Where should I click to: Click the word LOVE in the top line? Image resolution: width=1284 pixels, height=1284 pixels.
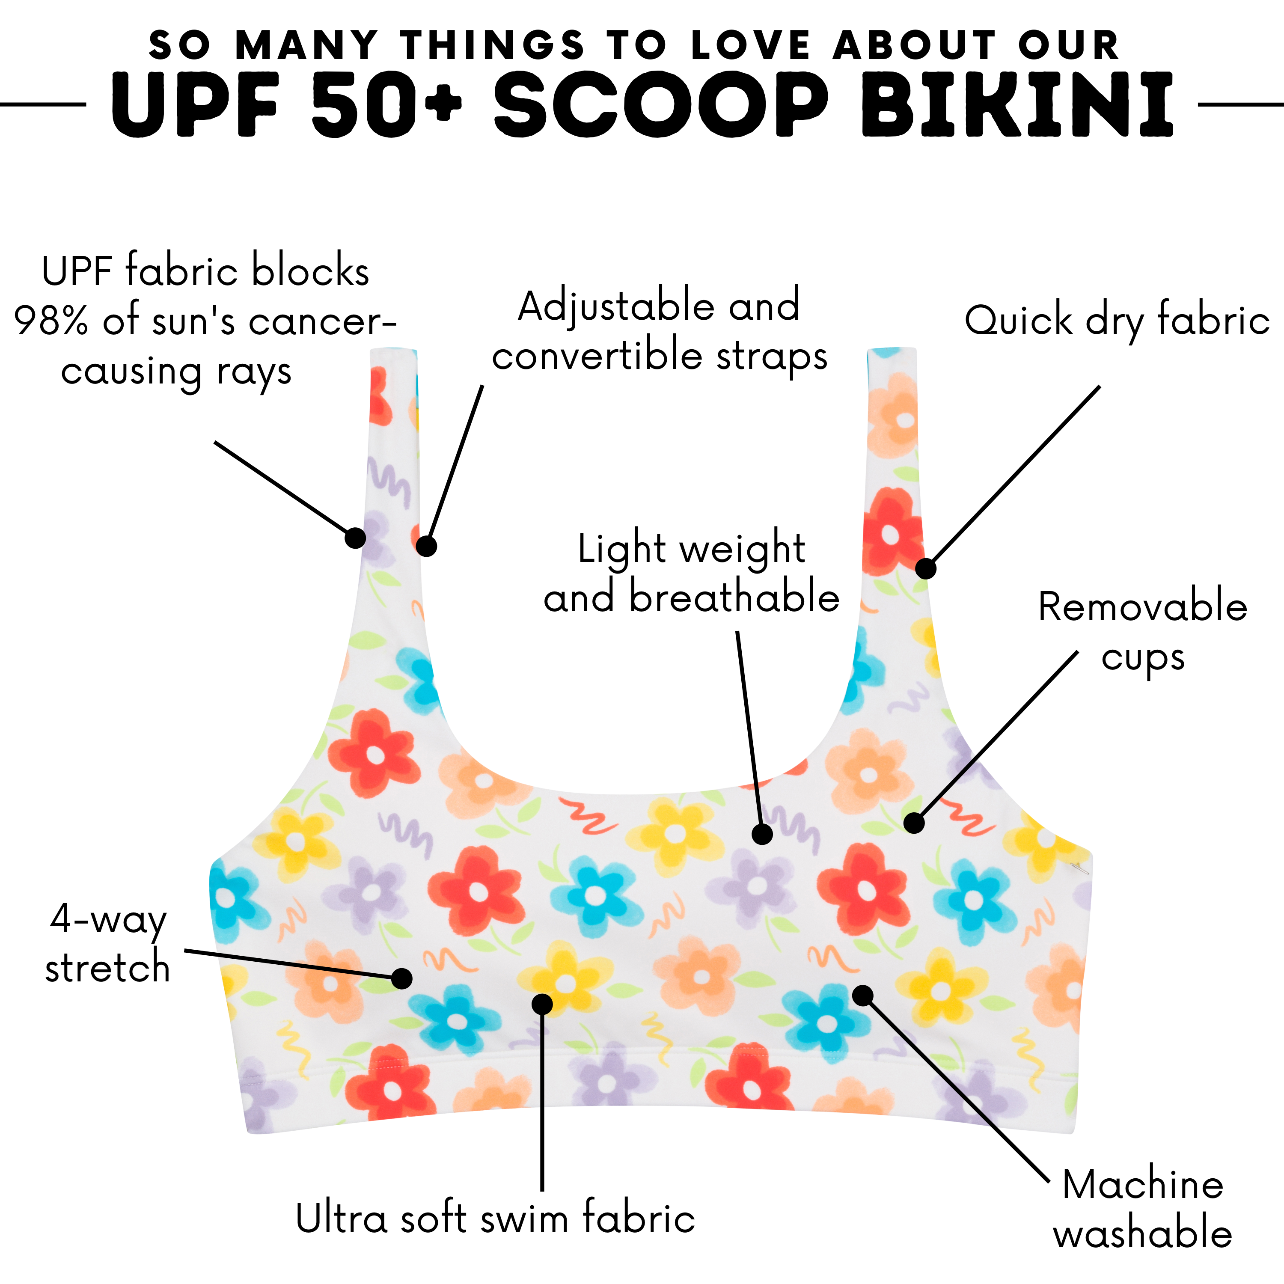(751, 46)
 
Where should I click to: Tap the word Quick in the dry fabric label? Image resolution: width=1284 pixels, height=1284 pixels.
(1019, 321)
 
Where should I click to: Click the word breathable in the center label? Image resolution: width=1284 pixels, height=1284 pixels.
(734, 596)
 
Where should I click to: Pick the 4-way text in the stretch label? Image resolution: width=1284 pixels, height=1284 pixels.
(108, 921)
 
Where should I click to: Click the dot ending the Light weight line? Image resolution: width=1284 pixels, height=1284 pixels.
(762, 834)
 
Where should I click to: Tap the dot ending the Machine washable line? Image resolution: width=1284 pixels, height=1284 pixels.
(863, 995)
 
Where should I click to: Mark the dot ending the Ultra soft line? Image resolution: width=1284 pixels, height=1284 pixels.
(542, 1004)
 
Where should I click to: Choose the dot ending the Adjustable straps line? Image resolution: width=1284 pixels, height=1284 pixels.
(426, 546)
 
